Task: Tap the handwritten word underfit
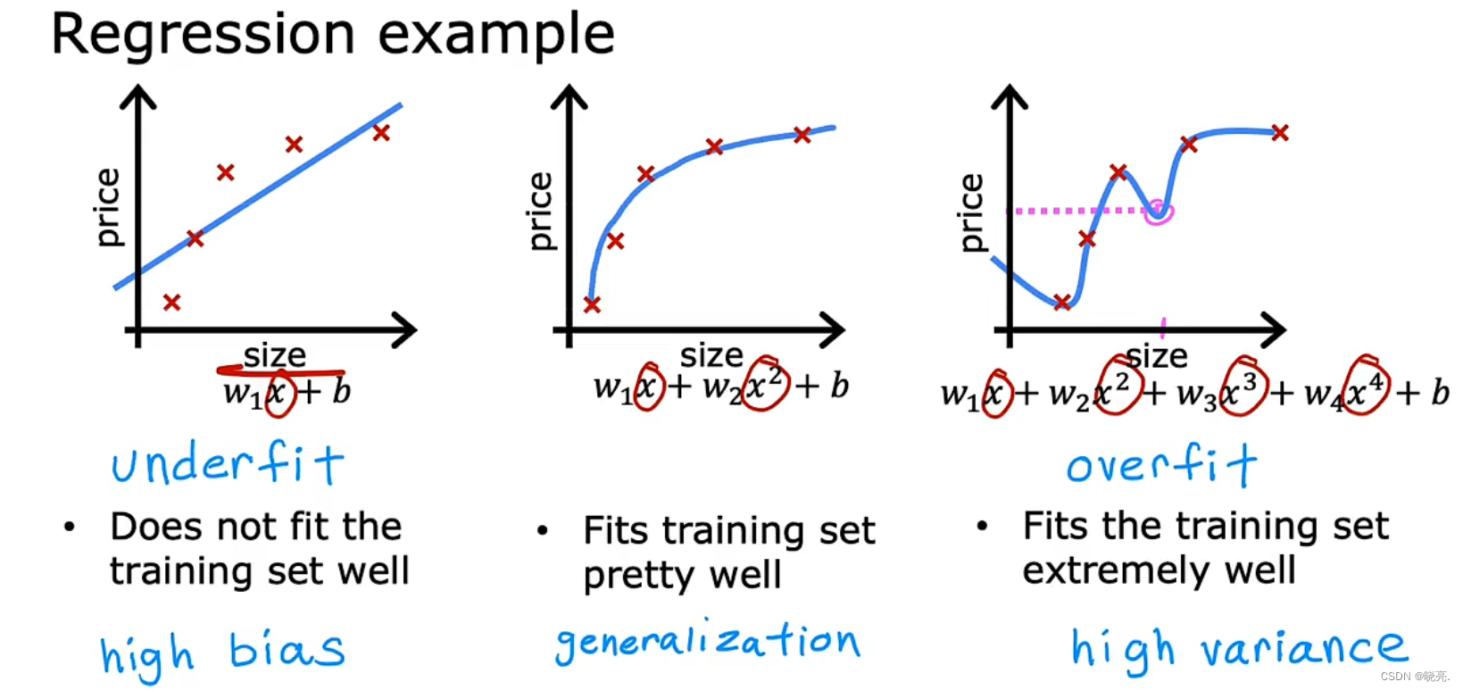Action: tap(228, 464)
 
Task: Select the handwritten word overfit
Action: tap(1161, 465)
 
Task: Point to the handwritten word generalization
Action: tap(707, 642)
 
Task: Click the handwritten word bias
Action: tap(286, 650)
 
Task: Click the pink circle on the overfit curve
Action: tap(1158, 212)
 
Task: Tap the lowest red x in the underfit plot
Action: tap(172, 303)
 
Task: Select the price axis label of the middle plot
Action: tap(540, 212)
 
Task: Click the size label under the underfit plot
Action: tap(275, 355)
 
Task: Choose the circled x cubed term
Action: tap(1242, 387)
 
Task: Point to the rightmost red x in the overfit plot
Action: tap(1280, 133)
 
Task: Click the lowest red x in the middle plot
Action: tap(592, 305)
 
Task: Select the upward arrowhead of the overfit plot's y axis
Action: tap(1010, 96)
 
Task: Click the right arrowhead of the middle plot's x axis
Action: tap(834, 330)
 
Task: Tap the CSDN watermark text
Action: tap(1415, 677)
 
